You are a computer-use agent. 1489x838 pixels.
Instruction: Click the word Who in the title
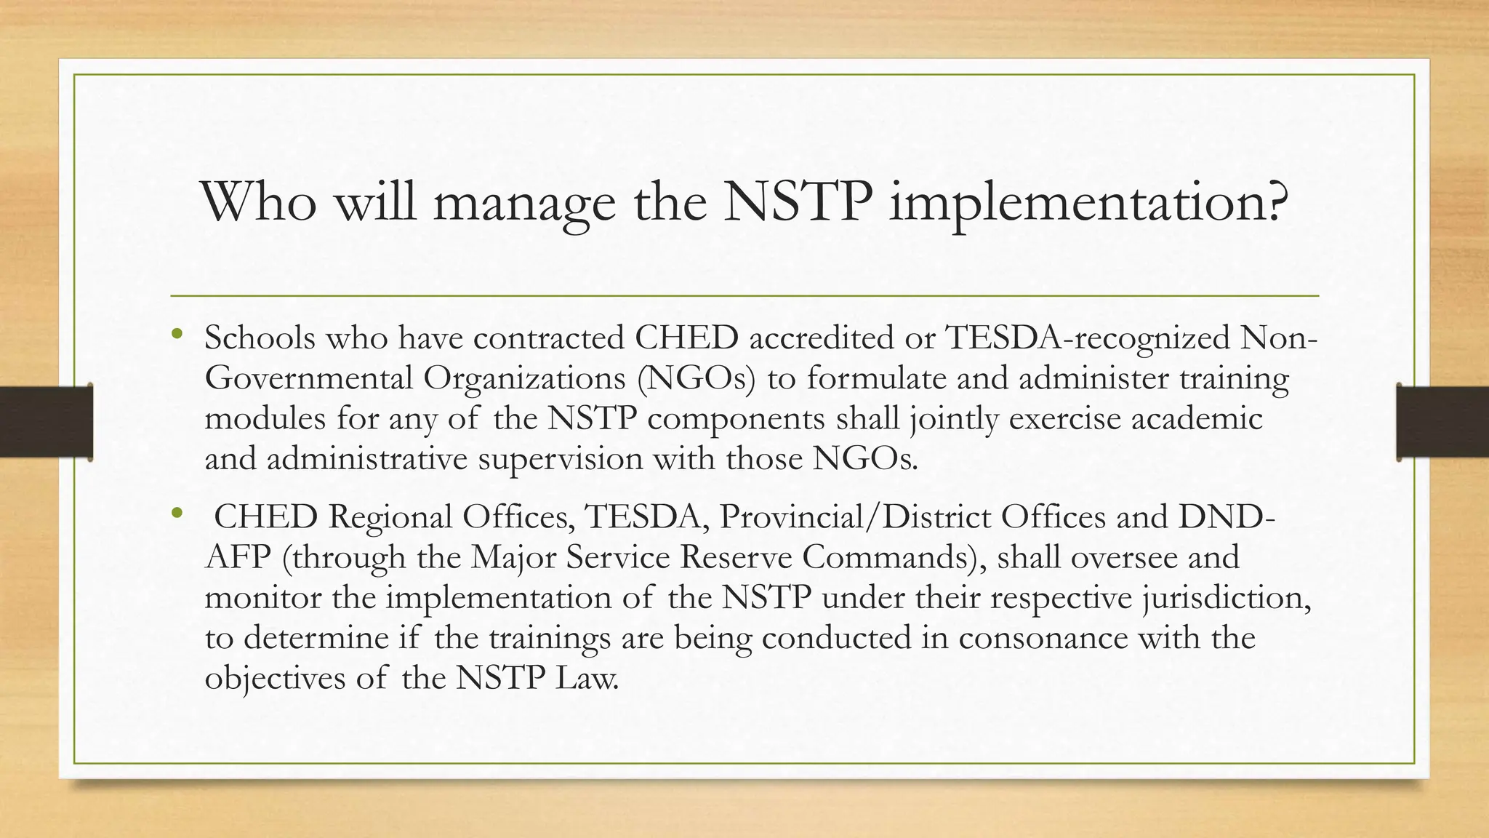click(259, 201)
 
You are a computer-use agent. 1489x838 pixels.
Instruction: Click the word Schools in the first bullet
click(260, 338)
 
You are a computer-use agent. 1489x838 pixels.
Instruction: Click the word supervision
click(560, 460)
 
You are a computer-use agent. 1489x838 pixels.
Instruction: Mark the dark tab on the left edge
click(46, 422)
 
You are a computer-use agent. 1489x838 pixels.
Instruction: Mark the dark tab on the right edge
click(1442, 422)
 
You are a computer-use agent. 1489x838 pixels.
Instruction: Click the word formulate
click(866, 378)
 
